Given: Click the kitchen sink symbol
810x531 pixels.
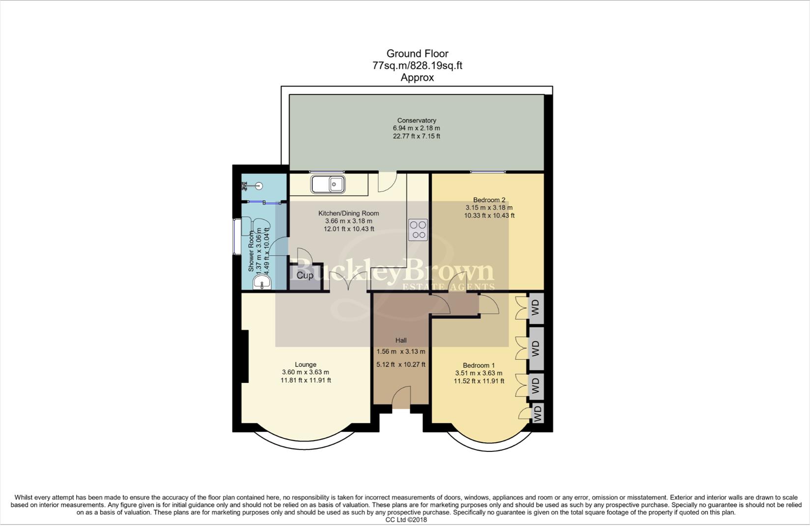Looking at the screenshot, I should pos(328,184).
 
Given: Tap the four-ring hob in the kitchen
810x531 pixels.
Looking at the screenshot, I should pos(418,230).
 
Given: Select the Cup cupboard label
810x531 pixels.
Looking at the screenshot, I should pos(305,275).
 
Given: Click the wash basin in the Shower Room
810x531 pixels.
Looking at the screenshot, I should pos(262,283).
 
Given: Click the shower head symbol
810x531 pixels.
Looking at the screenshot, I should pos(258,186).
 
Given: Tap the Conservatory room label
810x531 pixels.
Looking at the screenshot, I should pos(417,120).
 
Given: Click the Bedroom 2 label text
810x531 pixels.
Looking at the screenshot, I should pos(489,200).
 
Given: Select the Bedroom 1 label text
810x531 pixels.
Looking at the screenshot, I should pos(478,365).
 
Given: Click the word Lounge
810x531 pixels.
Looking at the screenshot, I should pos(306,364).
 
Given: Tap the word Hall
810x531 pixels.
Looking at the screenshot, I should pos(401,340).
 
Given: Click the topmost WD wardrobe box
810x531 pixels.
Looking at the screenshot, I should pos(535,308).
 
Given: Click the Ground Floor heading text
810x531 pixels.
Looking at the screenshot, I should pos(417,54).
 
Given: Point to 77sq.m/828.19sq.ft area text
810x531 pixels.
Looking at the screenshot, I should pos(417,65).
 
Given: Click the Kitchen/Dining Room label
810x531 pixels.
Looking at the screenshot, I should pos(348,213).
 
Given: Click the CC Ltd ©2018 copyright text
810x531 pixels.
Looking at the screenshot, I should pos(406,519).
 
